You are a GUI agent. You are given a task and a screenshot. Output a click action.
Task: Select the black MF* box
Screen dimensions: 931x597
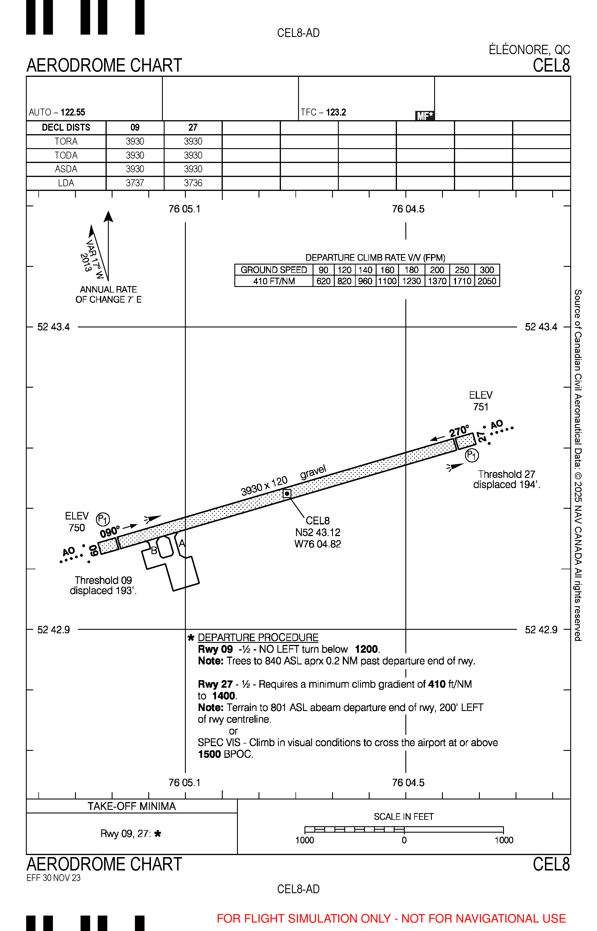tap(425, 116)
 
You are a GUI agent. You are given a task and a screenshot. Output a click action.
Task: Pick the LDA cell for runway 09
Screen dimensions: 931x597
tap(135, 183)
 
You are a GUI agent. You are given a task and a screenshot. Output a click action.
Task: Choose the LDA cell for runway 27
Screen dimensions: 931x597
tap(193, 183)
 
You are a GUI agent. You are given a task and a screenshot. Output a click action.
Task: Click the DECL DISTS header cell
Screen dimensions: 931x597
tap(66, 128)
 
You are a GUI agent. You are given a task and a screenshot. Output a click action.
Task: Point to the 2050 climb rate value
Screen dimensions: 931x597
tap(487, 281)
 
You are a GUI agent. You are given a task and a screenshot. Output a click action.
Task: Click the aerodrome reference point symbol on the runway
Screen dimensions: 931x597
tap(287, 493)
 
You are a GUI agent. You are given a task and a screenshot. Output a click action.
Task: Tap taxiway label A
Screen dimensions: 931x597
tap(182, 543)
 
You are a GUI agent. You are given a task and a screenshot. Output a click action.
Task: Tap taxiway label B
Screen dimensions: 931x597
tap(154, 550)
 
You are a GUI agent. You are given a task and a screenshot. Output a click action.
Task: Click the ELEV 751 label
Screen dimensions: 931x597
tap(481, 401)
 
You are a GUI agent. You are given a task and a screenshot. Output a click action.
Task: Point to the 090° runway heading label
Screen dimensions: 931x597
tap(110, 532)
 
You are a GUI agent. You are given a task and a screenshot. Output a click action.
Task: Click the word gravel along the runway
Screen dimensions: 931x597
tap(313, 472)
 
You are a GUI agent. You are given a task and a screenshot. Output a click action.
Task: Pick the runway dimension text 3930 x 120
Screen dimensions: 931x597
tap(264, 486)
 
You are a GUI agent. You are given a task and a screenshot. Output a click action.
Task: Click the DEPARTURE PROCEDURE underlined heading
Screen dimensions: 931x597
tap(258, 637)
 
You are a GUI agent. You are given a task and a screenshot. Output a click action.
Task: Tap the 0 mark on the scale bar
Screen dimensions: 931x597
tap(404, 840)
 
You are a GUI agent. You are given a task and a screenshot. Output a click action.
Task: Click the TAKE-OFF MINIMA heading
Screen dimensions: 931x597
tap(131, 806)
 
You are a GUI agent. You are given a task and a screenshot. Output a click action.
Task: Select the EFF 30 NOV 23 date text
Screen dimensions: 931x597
tap(54, 878)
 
